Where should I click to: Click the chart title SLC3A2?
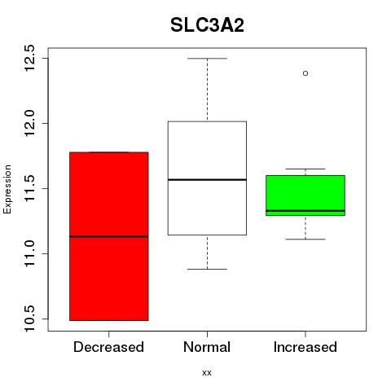point(207,25)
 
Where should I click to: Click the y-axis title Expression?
point(7,189)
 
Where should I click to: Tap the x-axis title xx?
point(207,372)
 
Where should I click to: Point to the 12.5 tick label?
point(29,58)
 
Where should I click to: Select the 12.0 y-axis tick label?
point(29,123)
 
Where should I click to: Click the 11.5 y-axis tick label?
point(29,188)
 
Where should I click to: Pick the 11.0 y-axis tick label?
point(29,253)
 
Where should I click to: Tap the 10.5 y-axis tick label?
point(29,319)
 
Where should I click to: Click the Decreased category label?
point(108,347)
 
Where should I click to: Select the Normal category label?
point(207,347)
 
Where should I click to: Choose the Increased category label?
point(305,347)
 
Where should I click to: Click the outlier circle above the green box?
point(305,73)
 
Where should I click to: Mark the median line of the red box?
point(109,236)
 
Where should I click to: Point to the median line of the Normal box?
point(207,179)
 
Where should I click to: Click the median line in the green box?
point(305,211)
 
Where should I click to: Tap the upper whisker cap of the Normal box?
point(207,59)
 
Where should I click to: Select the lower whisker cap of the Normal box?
point(207,269)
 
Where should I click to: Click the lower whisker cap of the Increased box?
point(305,239)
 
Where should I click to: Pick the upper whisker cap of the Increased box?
point(305,169)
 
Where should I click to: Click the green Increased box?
point(305,195)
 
